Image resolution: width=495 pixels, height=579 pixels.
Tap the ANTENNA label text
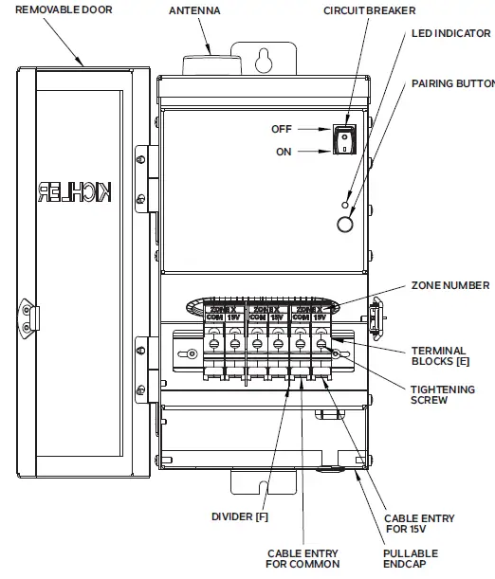click(196, 10)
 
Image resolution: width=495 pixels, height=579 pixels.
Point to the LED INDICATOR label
click(450, 33)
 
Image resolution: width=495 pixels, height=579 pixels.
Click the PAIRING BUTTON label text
click(452, 83)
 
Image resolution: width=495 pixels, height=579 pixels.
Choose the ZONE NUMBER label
click(450, 285)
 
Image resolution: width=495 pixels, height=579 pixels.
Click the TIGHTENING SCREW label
click(442, 394)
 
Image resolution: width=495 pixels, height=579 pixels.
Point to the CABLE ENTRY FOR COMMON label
click(301, 559)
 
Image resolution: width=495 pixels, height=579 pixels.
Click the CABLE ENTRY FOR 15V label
click(418, 524)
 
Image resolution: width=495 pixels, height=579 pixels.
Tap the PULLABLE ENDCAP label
click(411, 559)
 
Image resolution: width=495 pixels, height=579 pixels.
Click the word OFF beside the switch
click(282, 129)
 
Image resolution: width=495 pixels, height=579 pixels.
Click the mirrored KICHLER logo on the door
click(77, 192)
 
